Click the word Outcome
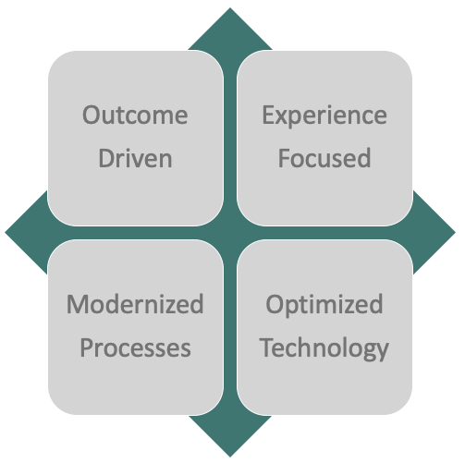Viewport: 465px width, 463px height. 135,116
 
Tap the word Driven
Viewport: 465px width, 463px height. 135,158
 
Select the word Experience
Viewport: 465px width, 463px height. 324,116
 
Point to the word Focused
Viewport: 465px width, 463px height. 324,158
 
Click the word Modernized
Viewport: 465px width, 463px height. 135,304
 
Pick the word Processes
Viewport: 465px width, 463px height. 135,348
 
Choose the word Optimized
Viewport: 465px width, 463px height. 324,305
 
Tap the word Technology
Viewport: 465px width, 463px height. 324,349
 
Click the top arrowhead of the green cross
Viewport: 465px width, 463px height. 230,29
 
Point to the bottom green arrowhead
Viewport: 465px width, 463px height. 230,436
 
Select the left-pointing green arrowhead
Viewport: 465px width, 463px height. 26,232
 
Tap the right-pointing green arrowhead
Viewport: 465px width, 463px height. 434,232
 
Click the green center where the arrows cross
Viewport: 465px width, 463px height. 230,233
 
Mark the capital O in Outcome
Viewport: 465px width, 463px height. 92,116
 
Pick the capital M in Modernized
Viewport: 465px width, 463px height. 79,304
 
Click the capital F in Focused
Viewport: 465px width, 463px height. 284,158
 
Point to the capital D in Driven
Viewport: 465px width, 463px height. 107,158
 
